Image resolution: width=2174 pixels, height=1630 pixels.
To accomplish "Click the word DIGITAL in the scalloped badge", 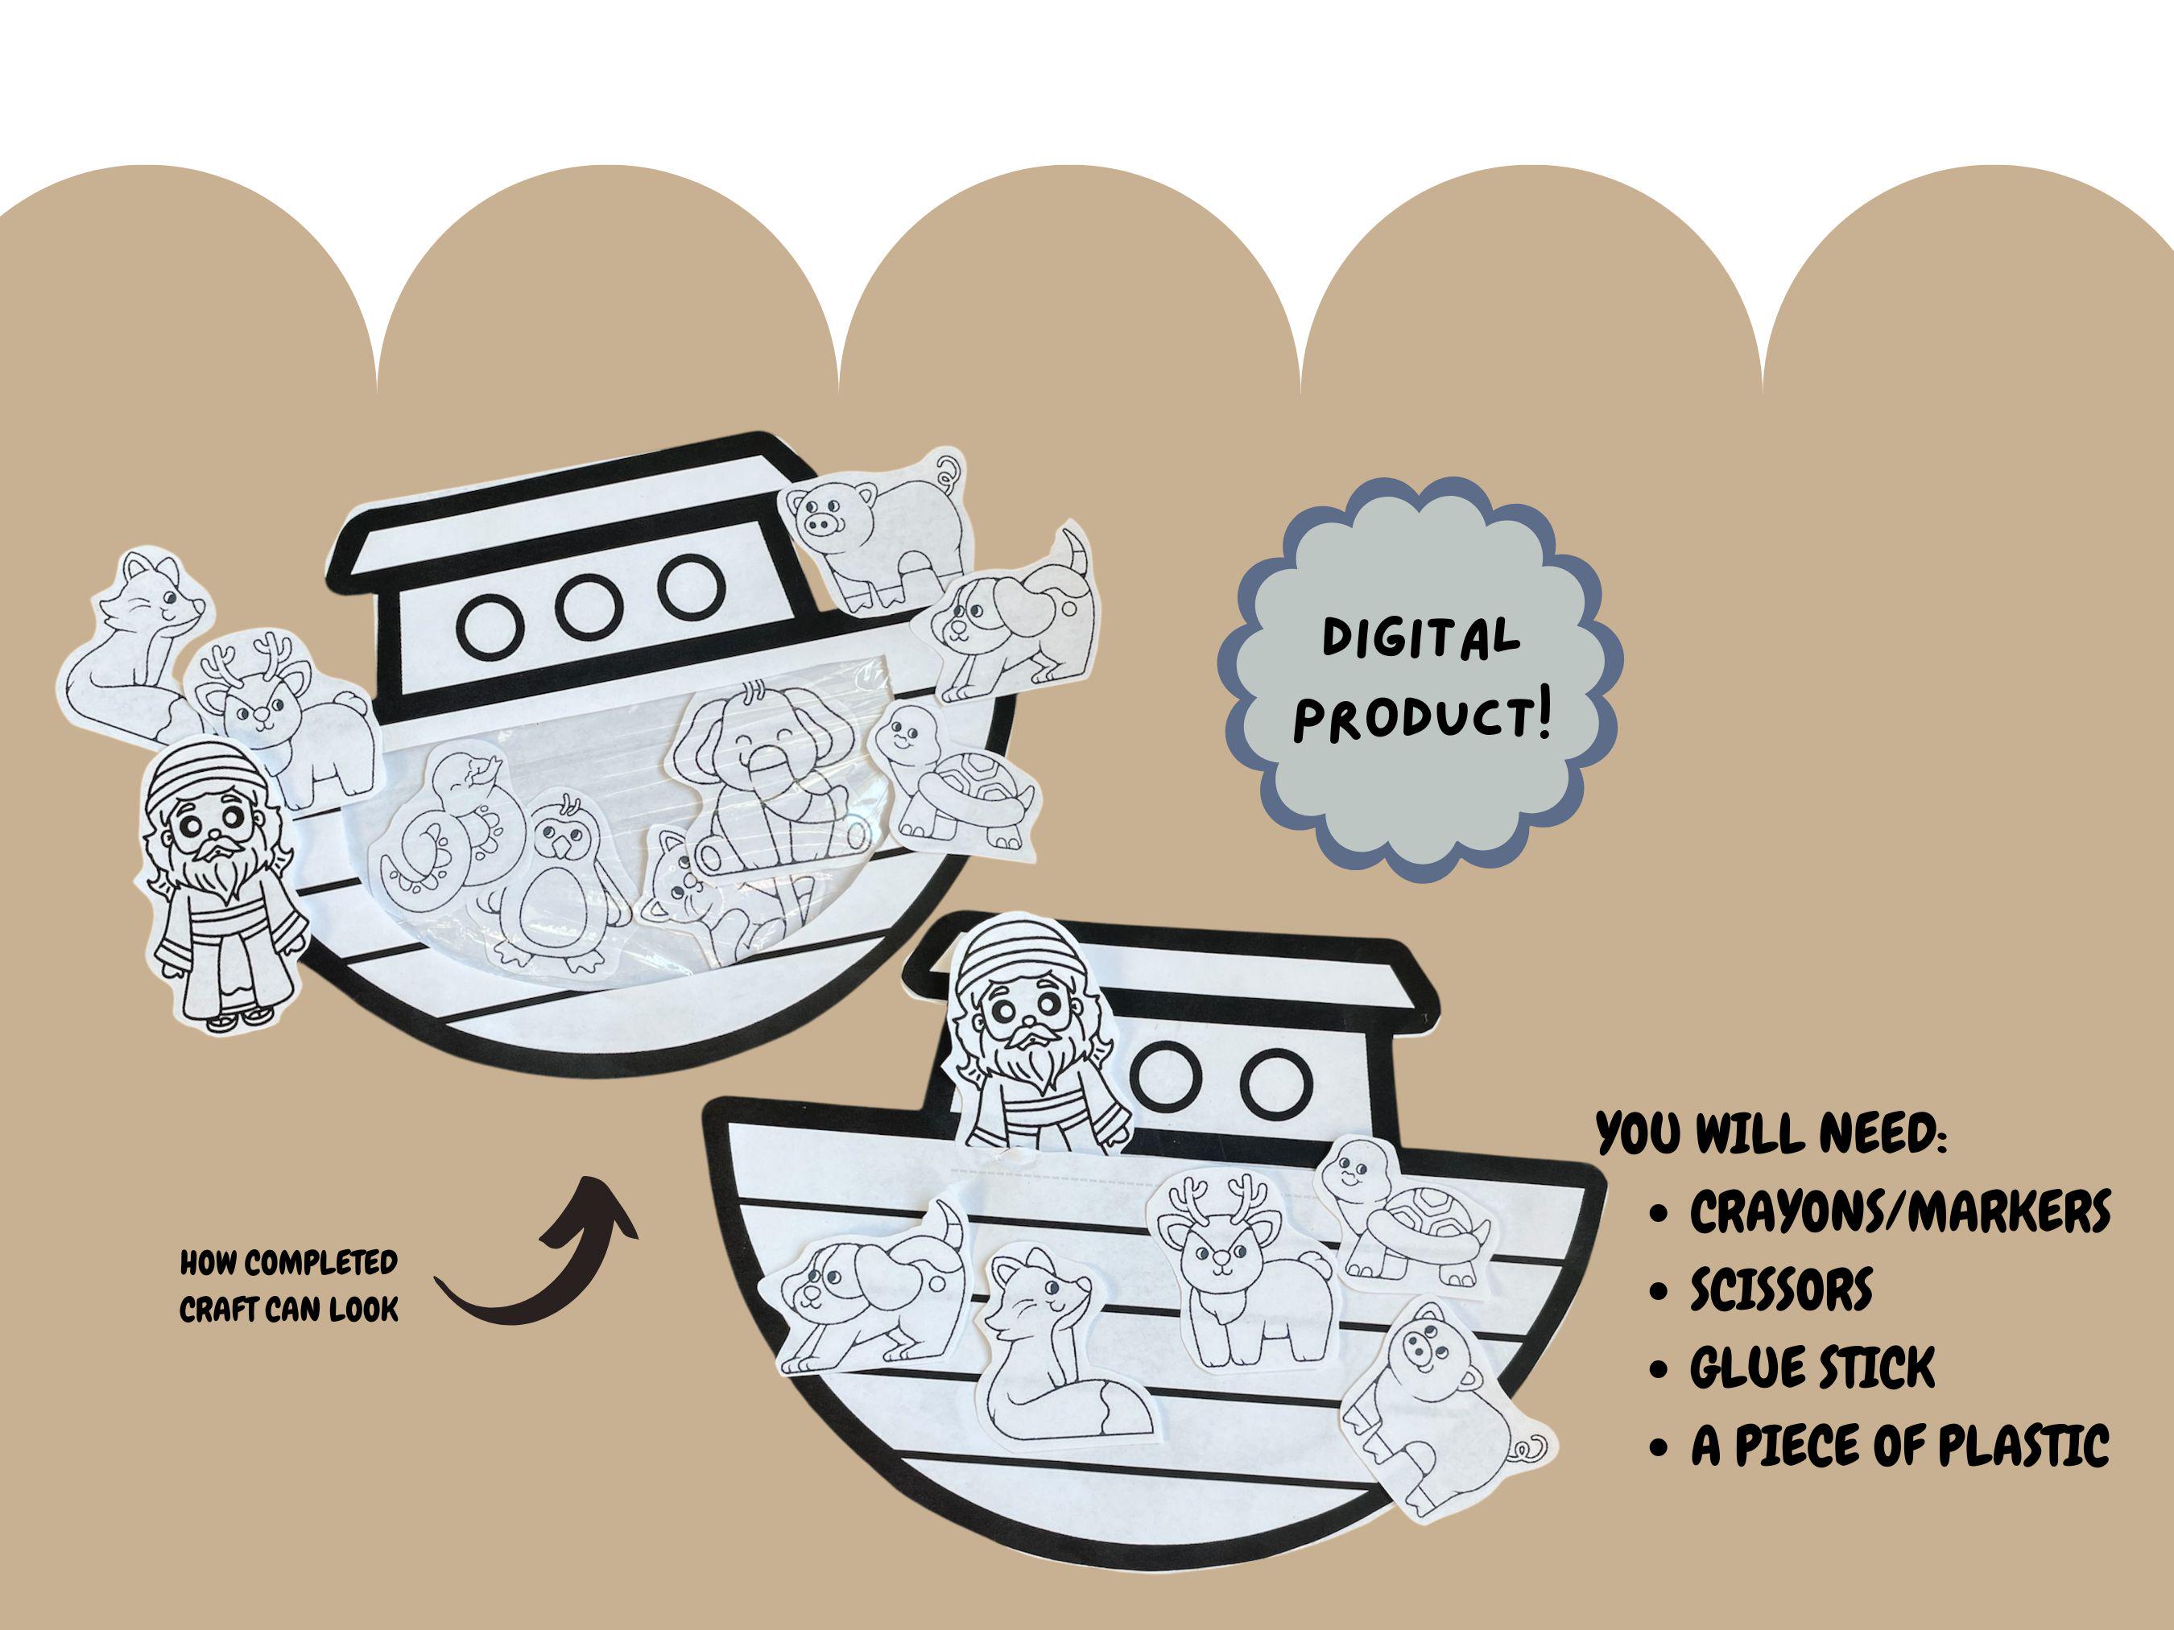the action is coord(1420,638).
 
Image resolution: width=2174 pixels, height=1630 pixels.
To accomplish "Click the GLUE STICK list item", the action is coord(1812,1367).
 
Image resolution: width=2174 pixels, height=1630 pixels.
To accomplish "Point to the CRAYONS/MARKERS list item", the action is coord(1899,1211).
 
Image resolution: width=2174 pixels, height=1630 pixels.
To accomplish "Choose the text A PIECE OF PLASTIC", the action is coord(1899,1446).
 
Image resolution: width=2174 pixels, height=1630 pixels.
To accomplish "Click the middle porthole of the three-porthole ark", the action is coord(594,597).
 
